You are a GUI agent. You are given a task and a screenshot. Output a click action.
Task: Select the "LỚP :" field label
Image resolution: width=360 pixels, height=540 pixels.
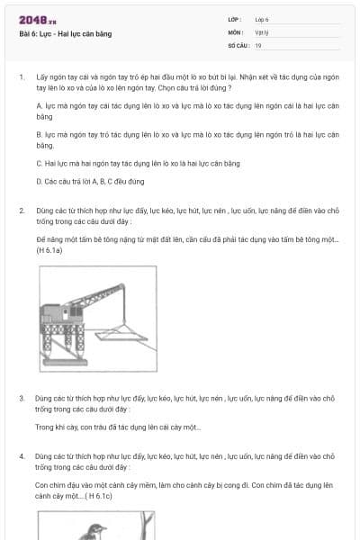point(236,19)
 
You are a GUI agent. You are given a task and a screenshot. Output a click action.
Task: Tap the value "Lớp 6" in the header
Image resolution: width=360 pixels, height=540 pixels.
point(262,19)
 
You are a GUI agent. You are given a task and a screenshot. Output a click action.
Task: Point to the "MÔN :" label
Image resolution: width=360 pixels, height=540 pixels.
point(236,31)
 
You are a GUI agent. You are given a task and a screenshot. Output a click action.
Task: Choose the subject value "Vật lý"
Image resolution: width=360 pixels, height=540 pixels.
point(262,31)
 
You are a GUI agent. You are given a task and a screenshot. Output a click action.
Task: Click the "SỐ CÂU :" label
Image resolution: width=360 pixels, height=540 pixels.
point(238,44)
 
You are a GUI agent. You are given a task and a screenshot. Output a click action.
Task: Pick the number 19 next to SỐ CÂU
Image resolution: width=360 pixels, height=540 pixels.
point(258,44)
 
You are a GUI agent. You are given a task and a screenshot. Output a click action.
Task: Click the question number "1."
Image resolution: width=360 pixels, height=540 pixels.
point(21,77)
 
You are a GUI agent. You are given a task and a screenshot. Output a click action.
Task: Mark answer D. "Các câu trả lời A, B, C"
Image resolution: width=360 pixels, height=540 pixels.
point(90,181)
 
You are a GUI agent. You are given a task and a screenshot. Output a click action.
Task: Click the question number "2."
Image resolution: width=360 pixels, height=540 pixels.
point(21,210)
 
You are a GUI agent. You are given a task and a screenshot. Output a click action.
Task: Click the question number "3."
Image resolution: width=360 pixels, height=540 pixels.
point(21,397)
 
